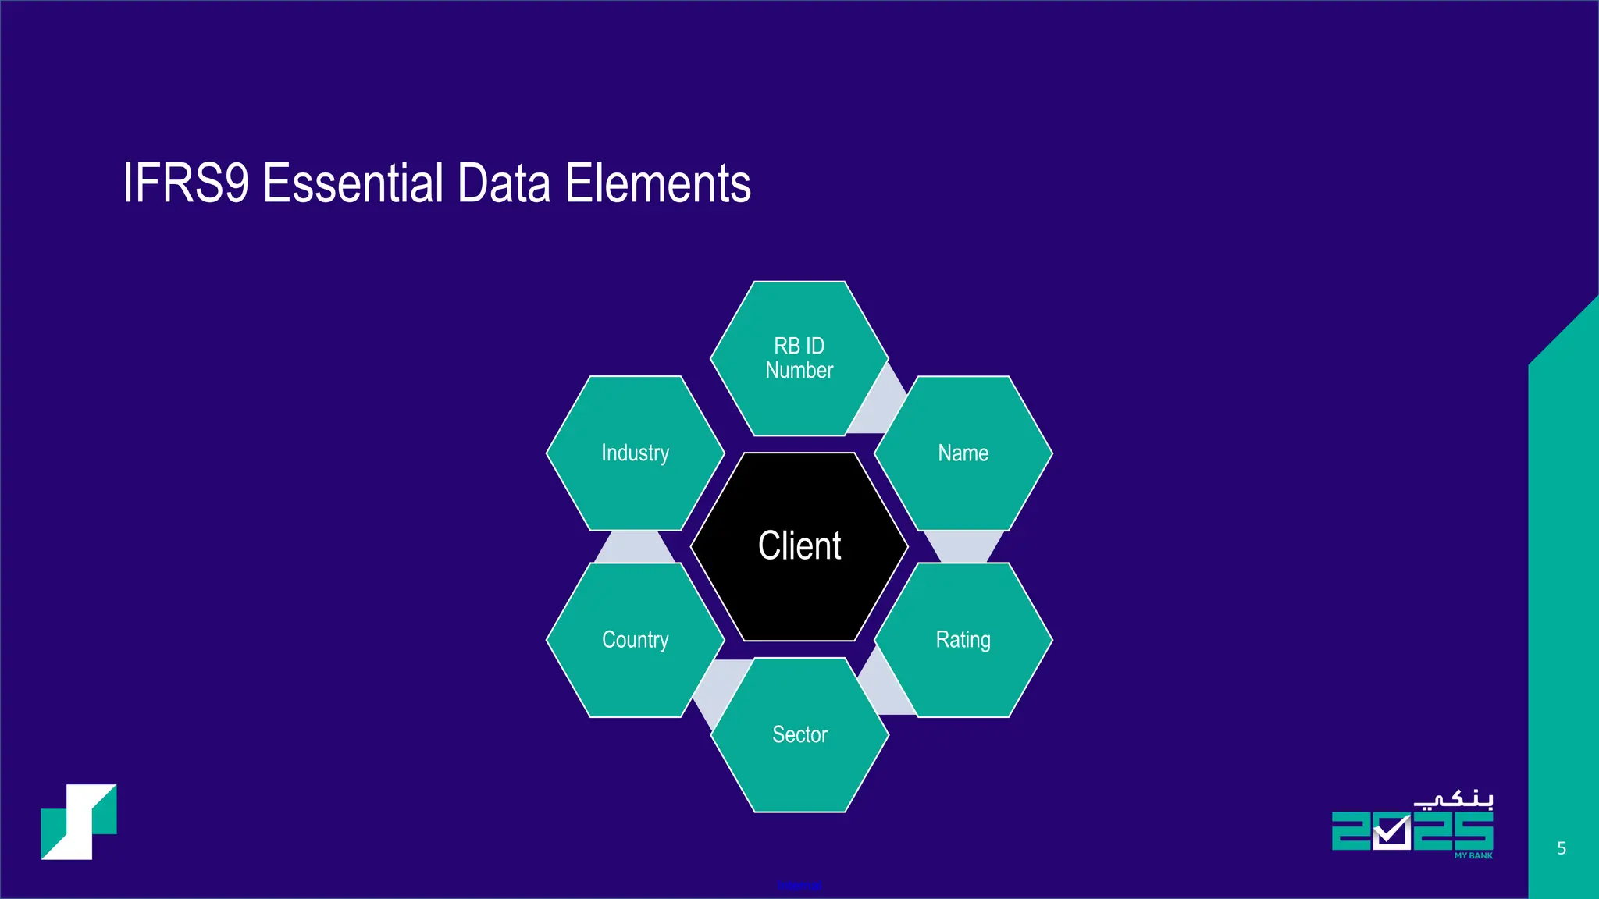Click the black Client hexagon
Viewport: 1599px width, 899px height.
pos(799,546)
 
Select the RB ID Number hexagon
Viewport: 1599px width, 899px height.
pos(799,358)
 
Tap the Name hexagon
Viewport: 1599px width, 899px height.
pos(963,453)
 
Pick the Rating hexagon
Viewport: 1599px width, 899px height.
pos(963,640)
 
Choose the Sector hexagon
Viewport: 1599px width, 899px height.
pos(799,734)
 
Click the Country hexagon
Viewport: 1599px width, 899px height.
pos(635,640)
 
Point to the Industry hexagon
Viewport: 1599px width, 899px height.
pos(635,453)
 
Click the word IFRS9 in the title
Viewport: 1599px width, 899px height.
pos(186,183)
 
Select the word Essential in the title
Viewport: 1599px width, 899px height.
pos(352,183)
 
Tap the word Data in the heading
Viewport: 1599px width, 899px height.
pos(503,183)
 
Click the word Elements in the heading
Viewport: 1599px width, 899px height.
pos(657,183)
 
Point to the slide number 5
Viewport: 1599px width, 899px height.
pos(1562,848)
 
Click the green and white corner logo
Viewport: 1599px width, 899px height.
pos(79,822)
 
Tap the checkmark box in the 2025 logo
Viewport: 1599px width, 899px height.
pos(1391,833)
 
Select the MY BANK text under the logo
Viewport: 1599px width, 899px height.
pos(1473,856)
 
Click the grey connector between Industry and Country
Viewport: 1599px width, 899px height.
pos(635,547)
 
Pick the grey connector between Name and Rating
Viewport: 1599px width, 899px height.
pos(963,546)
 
